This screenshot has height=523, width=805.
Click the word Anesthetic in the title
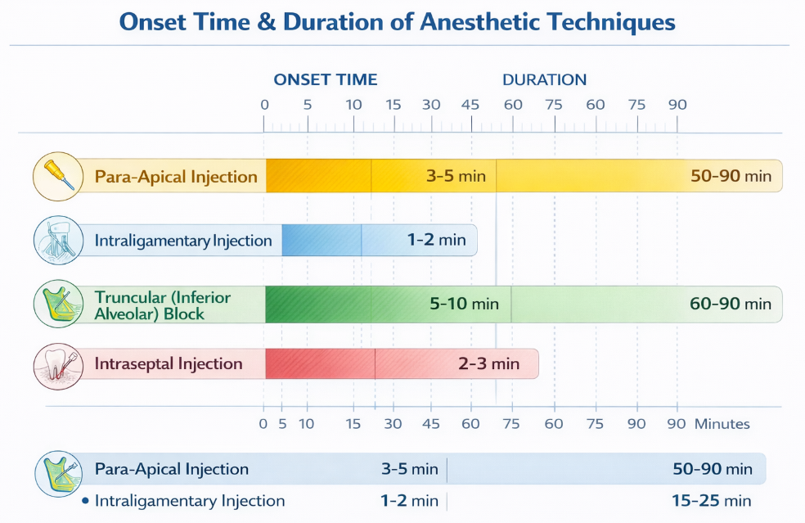pos(479,22)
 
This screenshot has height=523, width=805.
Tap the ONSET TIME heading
pos(326,79)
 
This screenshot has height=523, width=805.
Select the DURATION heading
pos(544,79)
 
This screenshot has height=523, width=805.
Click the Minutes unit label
pos(722,424)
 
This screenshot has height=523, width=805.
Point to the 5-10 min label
pos(464,304)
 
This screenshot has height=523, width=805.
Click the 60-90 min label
pos(731,304)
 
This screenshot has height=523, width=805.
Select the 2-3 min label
pos(488,363)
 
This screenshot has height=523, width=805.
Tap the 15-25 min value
pos(712,500)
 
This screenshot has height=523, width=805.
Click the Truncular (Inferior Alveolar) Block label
pos(162,305)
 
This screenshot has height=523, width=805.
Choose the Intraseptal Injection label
pos(169,363)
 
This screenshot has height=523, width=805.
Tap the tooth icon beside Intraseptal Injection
pos(58,366)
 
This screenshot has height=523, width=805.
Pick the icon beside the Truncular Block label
pos(58,304)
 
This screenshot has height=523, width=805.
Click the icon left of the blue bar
pos(58,240)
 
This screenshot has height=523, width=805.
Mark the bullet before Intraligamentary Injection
pos(85,500)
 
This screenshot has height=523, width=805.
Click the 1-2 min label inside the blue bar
pos(436,240)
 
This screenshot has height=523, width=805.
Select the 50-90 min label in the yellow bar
pos(731,176)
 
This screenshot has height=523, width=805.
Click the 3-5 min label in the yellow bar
pos(456,176)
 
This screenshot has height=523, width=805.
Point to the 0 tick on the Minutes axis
pos(263,424)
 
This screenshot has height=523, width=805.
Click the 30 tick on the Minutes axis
pos(393,424)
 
